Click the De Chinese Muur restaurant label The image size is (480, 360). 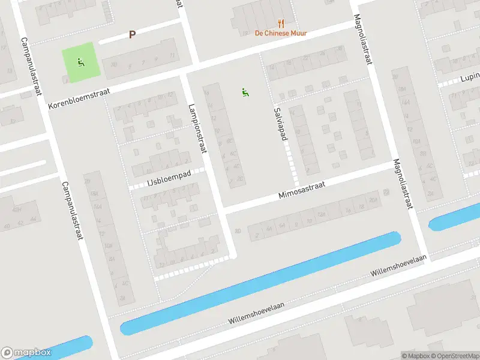tap(281, 33)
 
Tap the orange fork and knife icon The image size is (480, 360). tap(281, 23)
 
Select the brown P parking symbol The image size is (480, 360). tap(132, 35)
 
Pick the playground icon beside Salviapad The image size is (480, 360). tap(244, 92)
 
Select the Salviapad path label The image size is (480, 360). tap(280, 124)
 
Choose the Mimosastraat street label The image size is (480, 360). tap(302, 191)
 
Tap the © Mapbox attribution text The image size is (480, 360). tap(416, 356)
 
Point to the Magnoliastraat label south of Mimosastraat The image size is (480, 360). tap(404, 184)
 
